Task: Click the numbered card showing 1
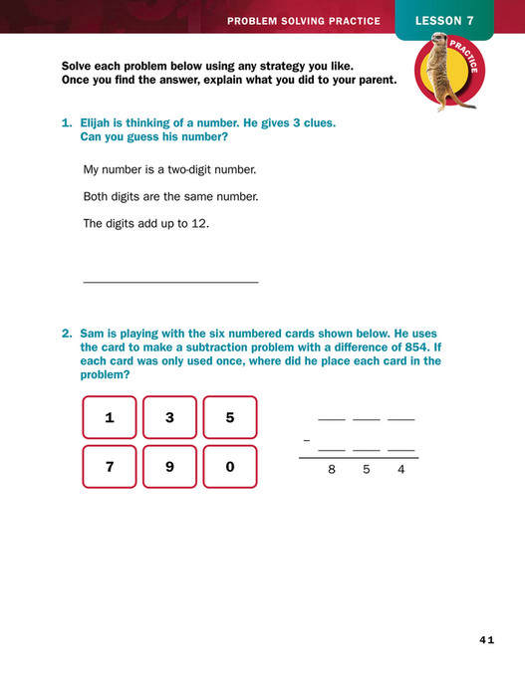click(110, 418)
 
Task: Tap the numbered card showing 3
click(169, 418)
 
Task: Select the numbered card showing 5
click(230, 418)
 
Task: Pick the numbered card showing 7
click(110, 467)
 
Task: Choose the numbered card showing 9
click(169, 467)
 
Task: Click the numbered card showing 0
click(230, 467)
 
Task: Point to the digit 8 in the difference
click(332, 470)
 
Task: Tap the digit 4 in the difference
click(400, 470)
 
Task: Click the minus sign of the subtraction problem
click(306, 439)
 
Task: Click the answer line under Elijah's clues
click(170, 283)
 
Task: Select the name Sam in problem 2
click(93, 334)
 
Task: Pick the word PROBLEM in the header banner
click(253, 21)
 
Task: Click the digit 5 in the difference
click(366, 470)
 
